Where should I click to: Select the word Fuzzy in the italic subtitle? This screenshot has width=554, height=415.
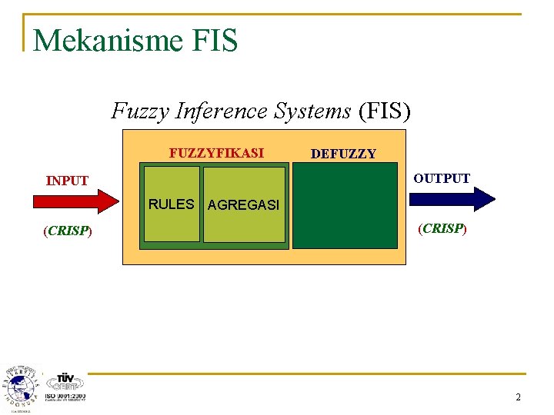(141, 111)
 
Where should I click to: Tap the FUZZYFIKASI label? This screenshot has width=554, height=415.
(216, 153)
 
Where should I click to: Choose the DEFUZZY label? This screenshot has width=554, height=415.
(343, 154)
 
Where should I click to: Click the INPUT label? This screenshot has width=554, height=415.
(68, 181)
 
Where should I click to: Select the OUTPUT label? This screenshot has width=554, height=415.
(442, 178)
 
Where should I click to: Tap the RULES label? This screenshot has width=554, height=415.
(171, 204)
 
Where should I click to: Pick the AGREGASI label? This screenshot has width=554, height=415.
(243, 206)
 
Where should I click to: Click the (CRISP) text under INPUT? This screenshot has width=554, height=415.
(68, 231)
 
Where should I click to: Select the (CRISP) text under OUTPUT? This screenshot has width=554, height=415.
(442, 228)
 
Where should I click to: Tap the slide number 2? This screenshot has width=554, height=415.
(518, 397)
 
